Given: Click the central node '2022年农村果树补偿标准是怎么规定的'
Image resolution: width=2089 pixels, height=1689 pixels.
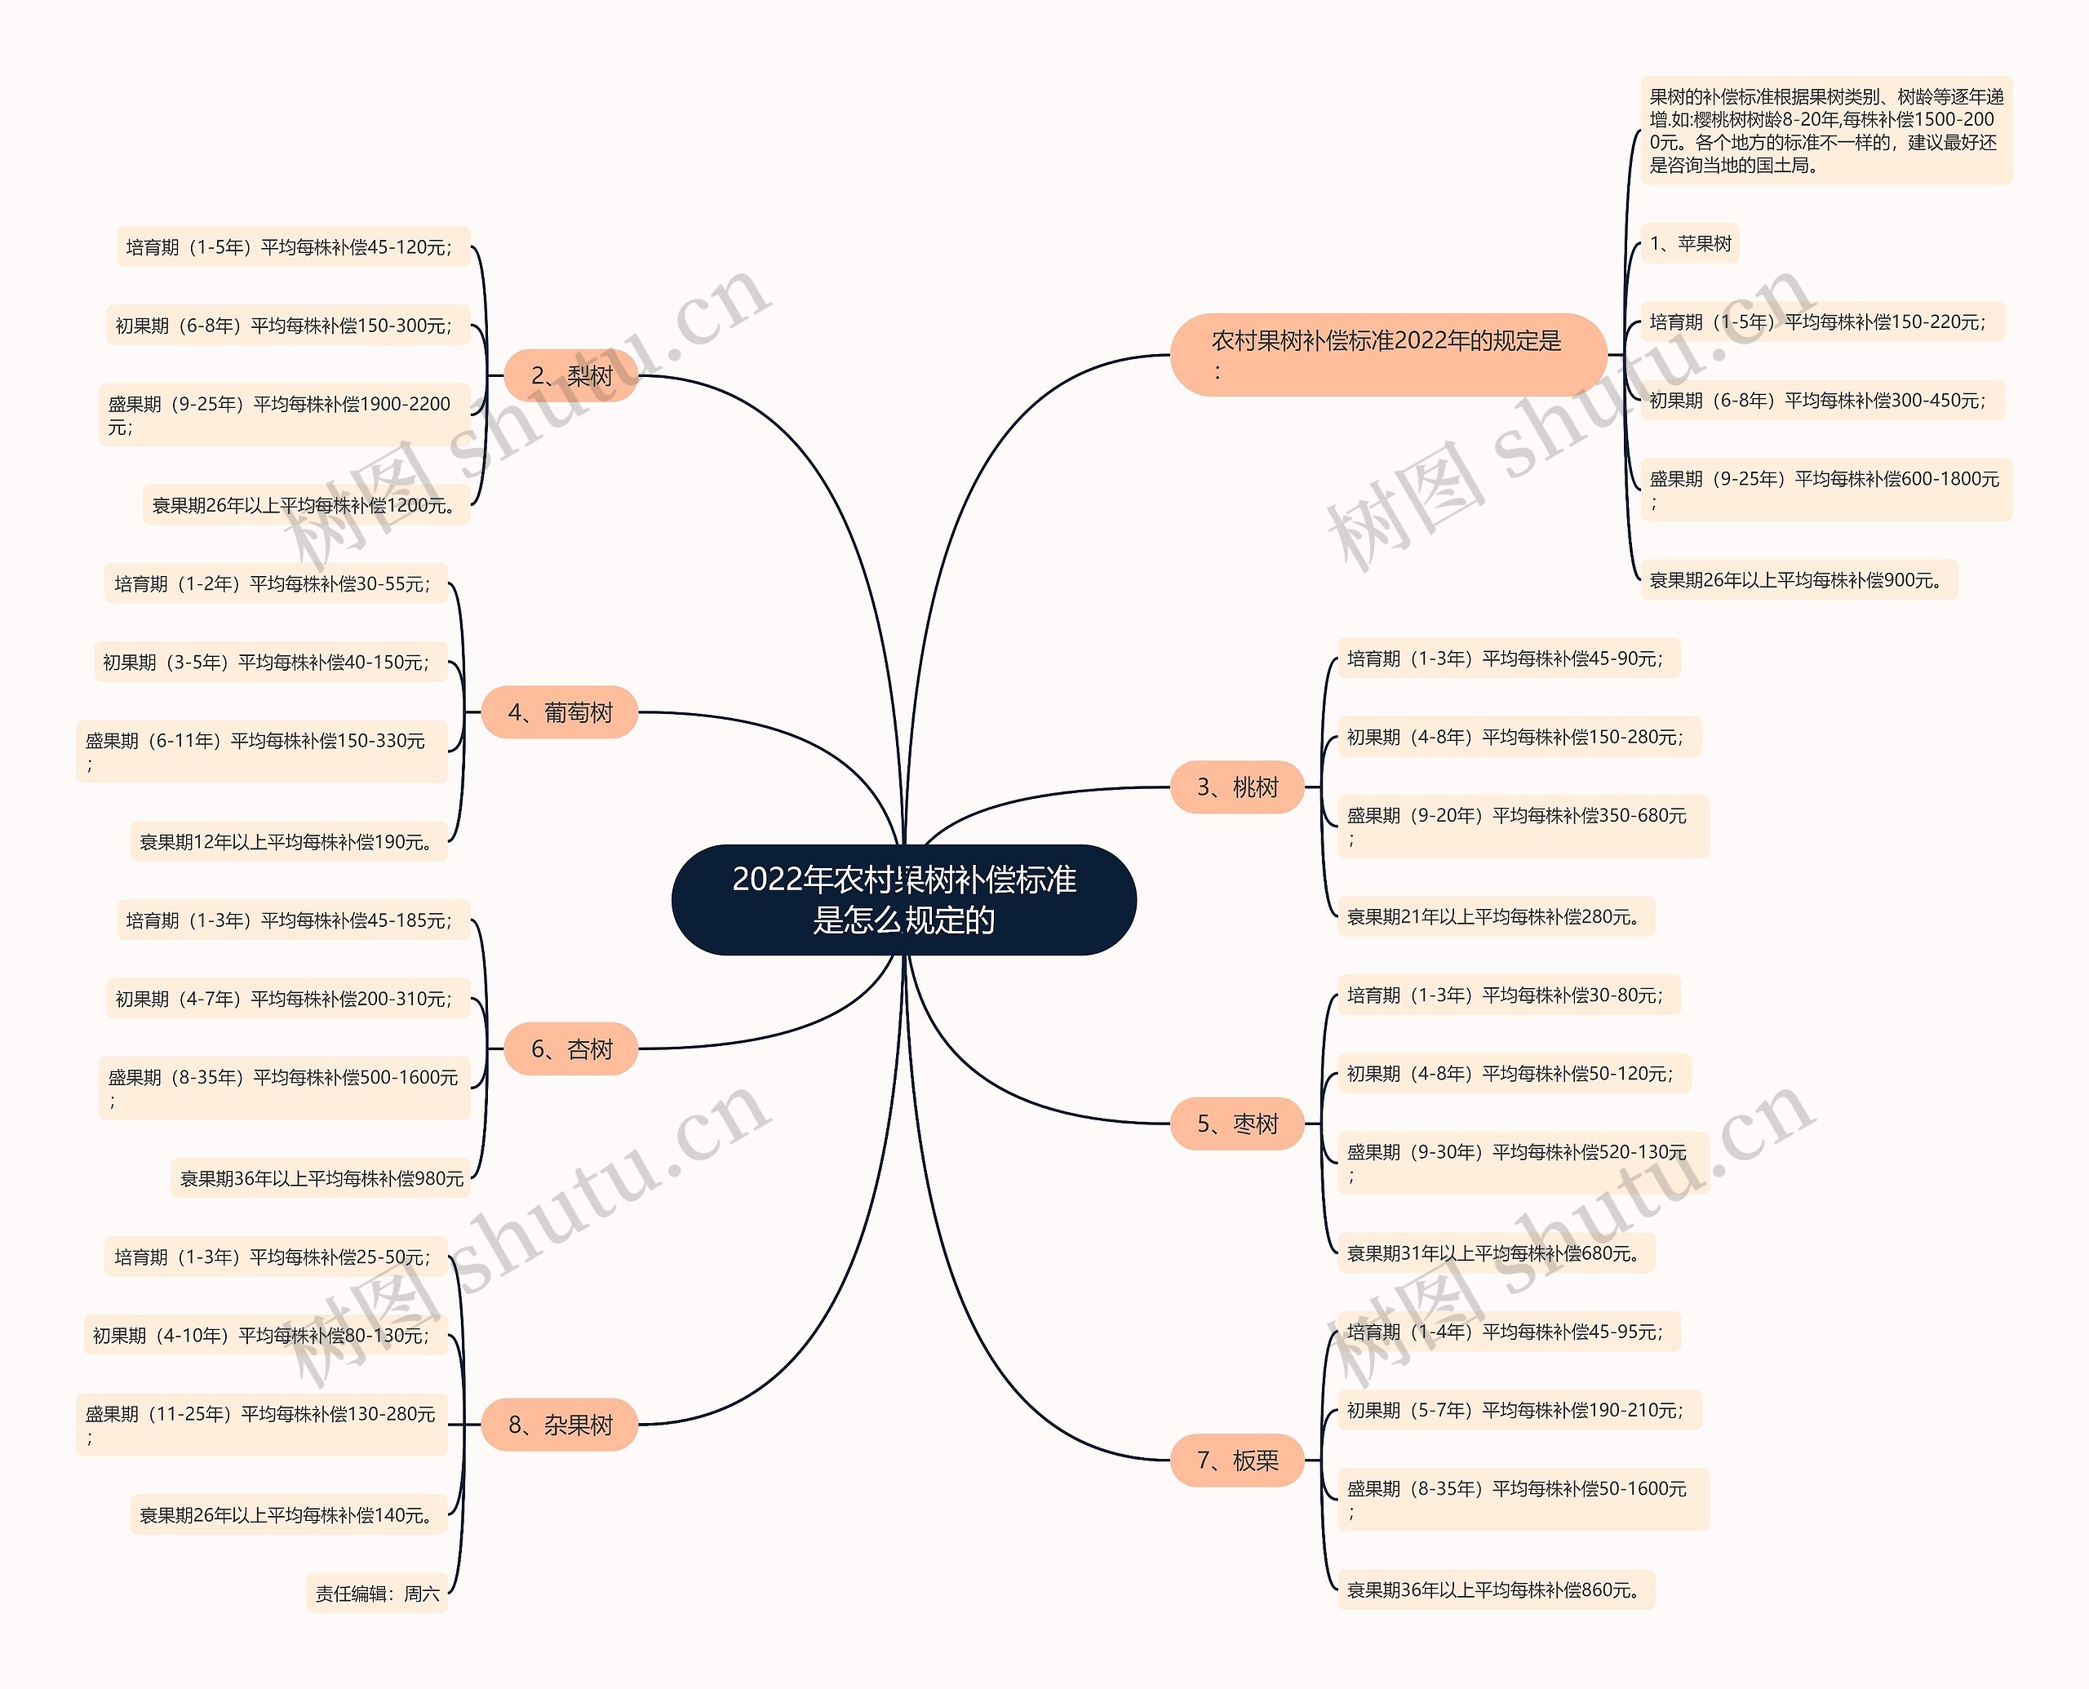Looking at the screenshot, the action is pos(903,899).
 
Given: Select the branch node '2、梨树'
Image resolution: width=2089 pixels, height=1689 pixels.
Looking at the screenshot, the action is pos(571,375).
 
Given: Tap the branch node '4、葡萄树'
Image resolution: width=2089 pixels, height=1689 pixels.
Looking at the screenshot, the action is pos(560,712).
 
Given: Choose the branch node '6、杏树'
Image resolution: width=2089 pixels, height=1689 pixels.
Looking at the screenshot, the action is pos(571,1048).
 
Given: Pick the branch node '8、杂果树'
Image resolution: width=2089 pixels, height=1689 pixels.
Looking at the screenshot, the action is pos(560,1425).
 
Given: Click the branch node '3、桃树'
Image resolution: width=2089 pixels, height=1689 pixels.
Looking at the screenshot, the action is pos(1236,787).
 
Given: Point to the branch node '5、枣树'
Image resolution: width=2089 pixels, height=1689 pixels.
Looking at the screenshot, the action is pos(1236,1124).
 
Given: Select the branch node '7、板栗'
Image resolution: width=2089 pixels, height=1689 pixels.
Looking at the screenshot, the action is pos(1236,1461).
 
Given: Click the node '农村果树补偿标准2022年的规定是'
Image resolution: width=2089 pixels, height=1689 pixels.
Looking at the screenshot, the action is pos(1386,354).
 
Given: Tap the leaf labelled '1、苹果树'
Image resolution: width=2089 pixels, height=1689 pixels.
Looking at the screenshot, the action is pos(1690,243).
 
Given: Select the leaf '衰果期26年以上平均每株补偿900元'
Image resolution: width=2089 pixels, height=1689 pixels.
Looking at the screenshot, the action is pos(1798,580).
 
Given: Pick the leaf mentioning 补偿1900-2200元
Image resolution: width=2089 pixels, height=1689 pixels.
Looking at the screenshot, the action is pos(284,414).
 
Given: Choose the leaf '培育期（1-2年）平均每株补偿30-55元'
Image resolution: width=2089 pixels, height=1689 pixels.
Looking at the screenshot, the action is pos(275,583).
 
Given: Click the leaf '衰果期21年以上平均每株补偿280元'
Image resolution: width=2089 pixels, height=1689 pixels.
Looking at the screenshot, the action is pos(1496,916).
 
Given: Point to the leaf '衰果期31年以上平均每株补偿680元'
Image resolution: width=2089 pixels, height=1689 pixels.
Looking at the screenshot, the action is pos(1496,1253).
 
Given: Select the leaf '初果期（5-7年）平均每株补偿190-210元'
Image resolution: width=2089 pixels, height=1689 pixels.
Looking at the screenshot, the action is pos(1518,1411).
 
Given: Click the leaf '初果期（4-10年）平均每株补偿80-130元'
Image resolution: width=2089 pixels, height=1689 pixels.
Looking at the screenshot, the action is pos(264,1336).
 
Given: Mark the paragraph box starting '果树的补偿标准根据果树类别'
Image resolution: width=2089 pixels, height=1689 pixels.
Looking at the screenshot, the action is pos(1825,131).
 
